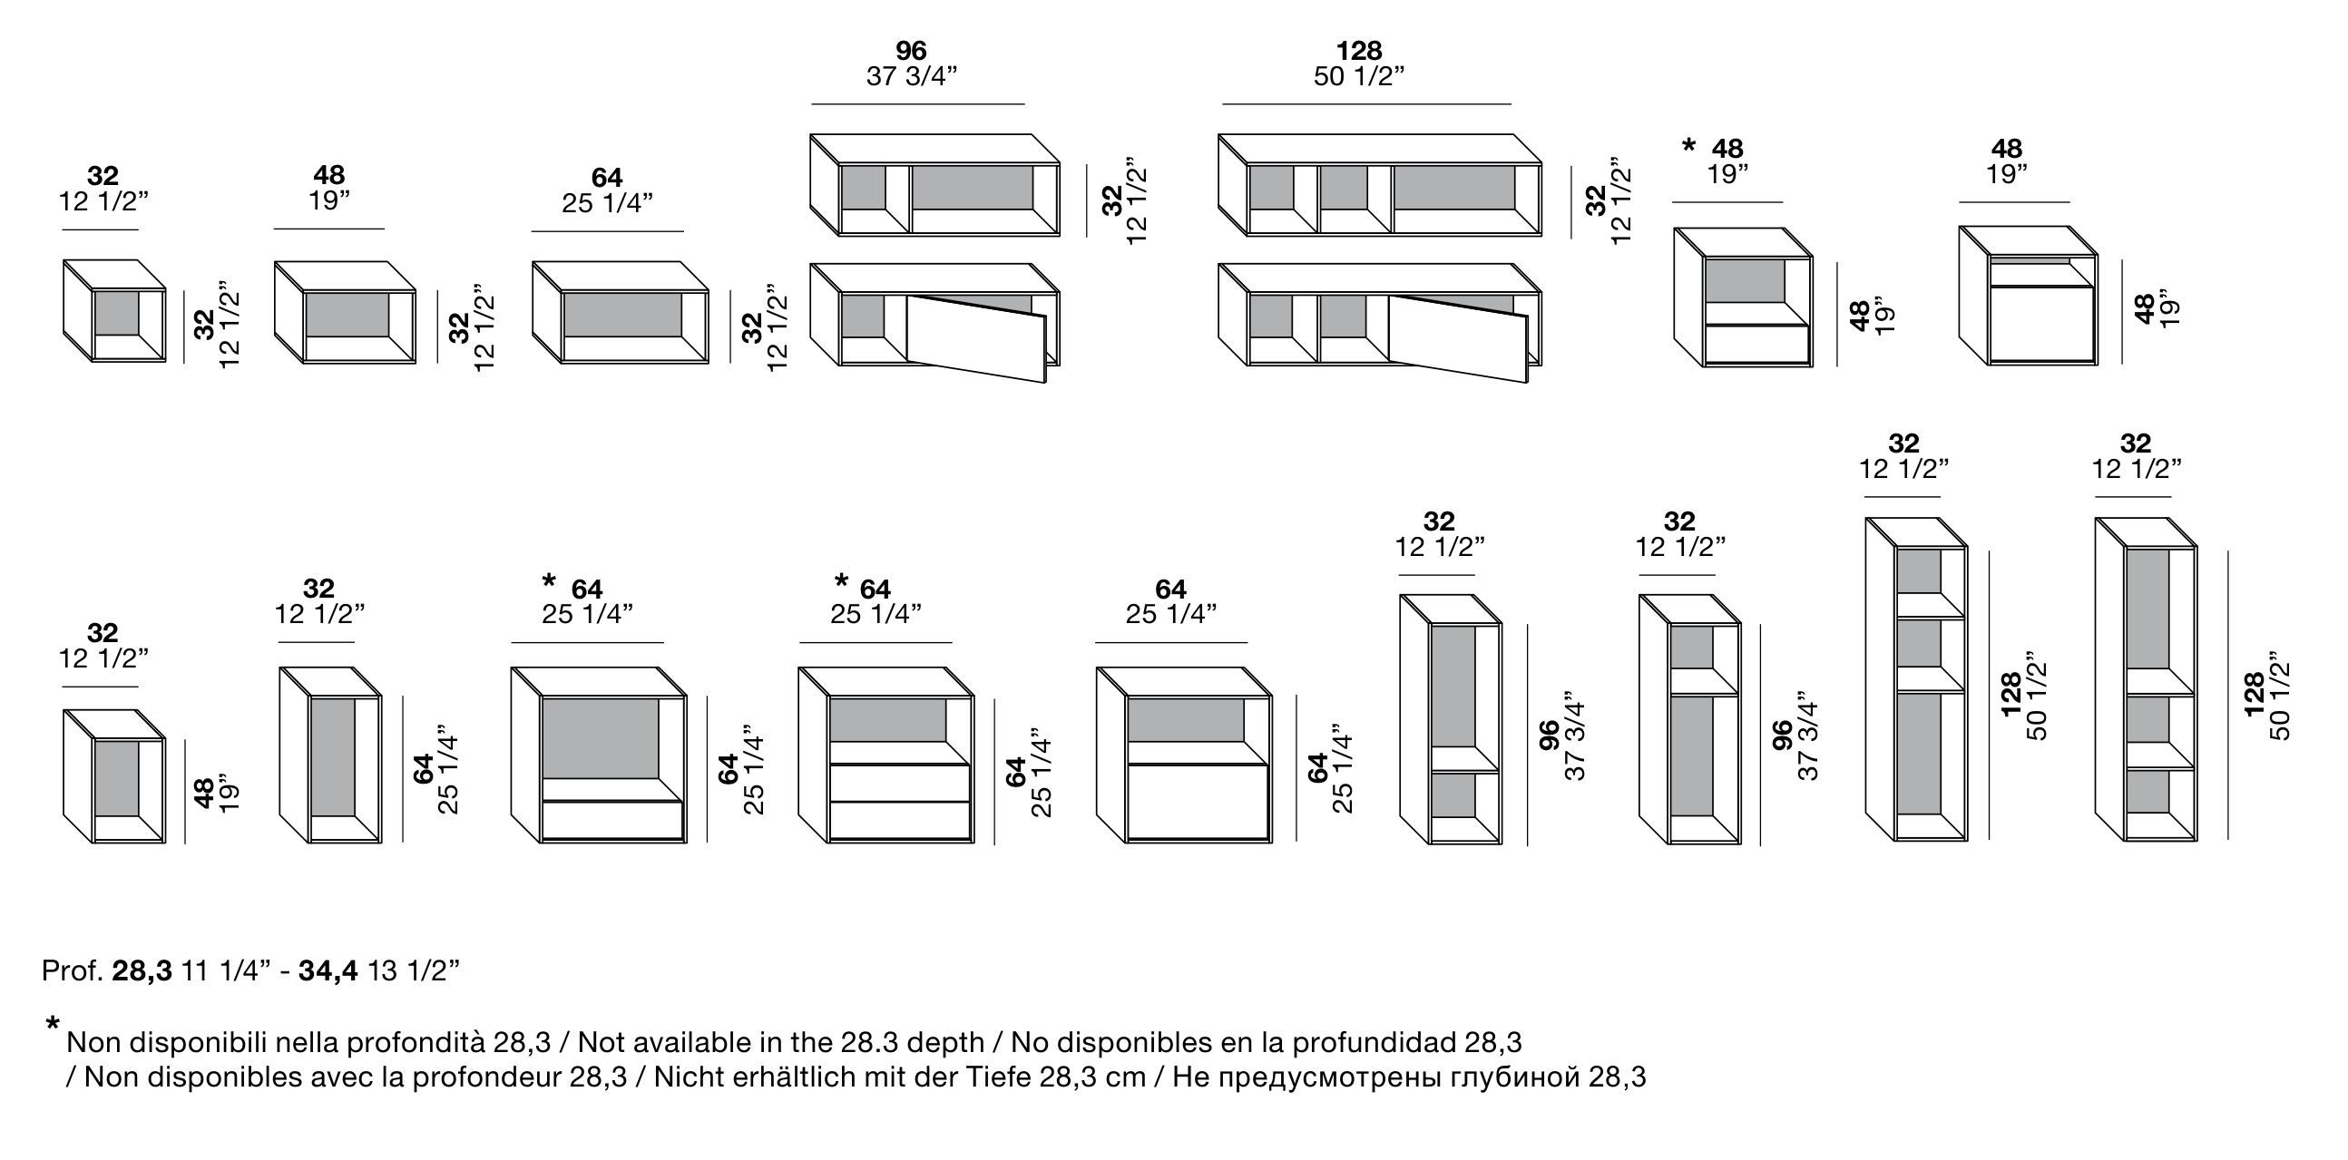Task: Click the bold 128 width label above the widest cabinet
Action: click(1359, 50)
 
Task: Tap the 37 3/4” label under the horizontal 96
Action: click(912, 76)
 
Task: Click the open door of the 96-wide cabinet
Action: click(975, 337)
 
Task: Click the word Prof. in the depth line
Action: click(73, 971)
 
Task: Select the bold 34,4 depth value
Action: click(328, 971)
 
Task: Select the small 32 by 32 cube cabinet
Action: click(115, 312)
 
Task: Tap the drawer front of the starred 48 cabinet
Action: click(1756, 346)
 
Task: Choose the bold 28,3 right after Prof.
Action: click(142, 971)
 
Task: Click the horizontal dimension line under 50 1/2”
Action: click(1366, 104)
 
